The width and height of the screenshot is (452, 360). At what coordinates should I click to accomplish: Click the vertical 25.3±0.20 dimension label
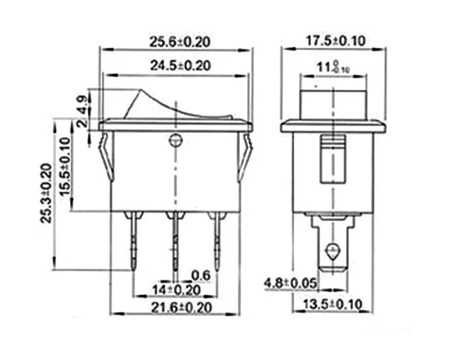(x=46, y=194)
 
